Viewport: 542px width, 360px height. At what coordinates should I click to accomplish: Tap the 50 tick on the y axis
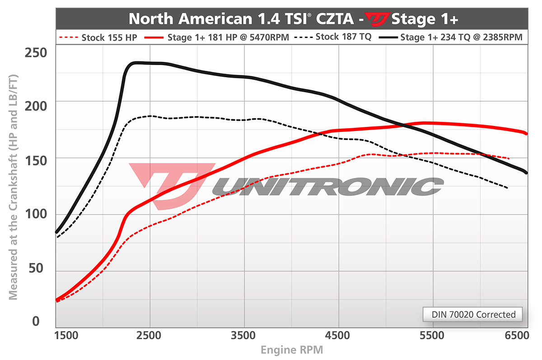point(38,268)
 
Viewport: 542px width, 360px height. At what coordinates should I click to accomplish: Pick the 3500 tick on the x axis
point(244,336)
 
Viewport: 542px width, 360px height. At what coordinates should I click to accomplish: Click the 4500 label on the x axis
point(338,336)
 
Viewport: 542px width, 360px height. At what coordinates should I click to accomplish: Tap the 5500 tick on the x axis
point(432,336)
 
